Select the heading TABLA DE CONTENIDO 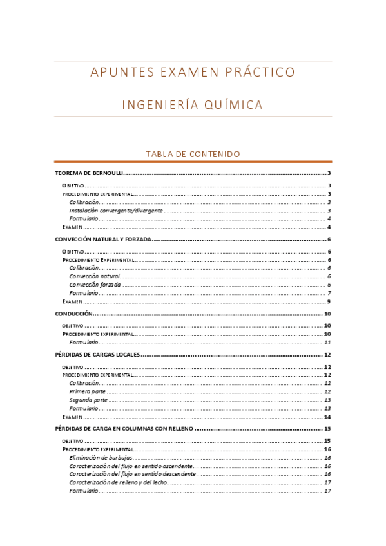tap(193, 154)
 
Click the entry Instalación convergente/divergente tap(116, 211)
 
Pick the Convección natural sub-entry tap(95, 276)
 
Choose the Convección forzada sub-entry tap(95, 285)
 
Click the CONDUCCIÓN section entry tap(75, 314)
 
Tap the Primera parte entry tap(88, 391)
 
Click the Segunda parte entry tap(88, 400)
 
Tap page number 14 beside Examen tap(327, 417)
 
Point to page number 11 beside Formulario tap(327, 343)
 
